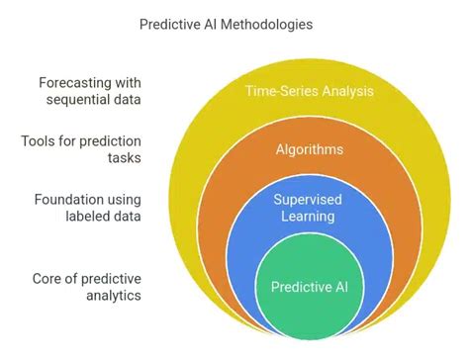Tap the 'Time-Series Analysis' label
308,91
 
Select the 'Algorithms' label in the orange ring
308,149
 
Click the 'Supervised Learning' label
308,207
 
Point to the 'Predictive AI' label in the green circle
308,288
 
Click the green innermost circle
308,312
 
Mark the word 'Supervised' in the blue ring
308,198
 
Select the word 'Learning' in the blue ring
308,216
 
